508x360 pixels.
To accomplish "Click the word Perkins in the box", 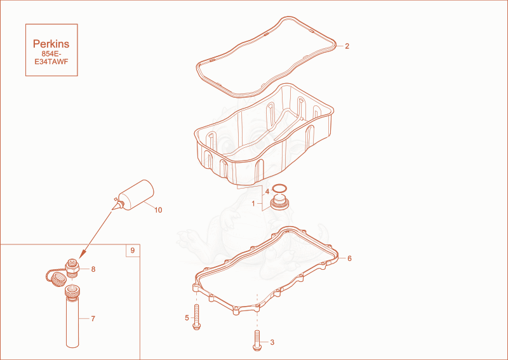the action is tap(51, 44).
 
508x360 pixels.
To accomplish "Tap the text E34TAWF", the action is tap(51, 62).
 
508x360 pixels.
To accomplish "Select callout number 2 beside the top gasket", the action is tap(347, 46).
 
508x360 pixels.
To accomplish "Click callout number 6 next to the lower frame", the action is tap(349, 258).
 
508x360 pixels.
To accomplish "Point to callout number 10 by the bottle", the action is tap(158, 210).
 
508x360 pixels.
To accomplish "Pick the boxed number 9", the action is tap(133, 251).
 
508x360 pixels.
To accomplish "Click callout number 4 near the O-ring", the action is tap(267, 192).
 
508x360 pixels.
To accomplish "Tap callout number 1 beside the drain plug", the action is tap(253, 204).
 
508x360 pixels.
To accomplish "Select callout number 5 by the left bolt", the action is tap(187, 318).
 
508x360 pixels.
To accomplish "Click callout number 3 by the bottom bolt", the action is tap(272, 342).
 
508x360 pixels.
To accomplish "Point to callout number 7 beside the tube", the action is tap(93, 319).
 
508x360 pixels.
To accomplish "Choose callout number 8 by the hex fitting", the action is tap(93, 269).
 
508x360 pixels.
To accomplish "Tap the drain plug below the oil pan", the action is tap(279, 202).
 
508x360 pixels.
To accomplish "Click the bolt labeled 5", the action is tap(196, 317).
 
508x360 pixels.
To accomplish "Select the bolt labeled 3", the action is tap(257, 340).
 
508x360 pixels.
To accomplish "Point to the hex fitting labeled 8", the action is tap(72, 268).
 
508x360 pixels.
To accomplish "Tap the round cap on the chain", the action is tap(58, 279).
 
